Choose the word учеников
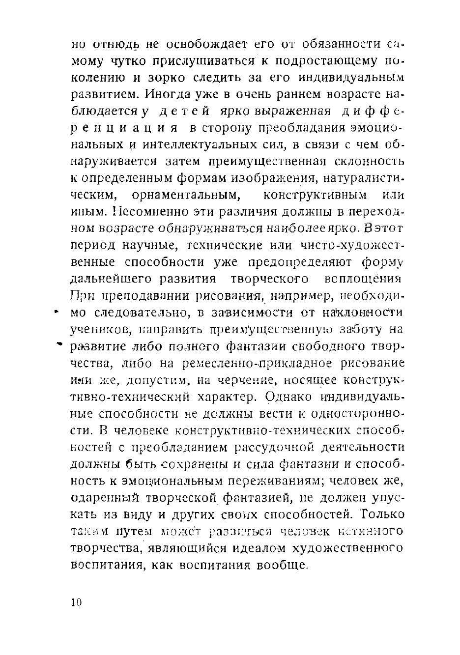tap(100, 329)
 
